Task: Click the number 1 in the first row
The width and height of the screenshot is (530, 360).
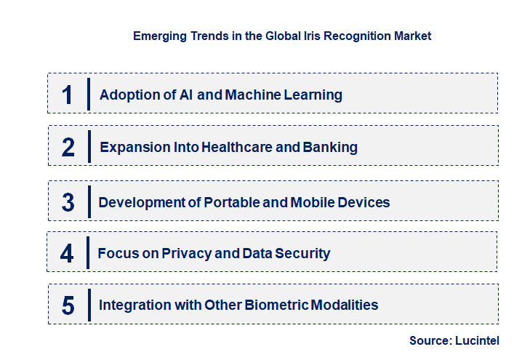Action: pos(68,95)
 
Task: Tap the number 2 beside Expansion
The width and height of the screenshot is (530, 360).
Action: pos(68,147)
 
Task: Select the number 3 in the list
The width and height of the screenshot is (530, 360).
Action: pos(68,202)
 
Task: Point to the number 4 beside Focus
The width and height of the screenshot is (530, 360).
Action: pos(67,253)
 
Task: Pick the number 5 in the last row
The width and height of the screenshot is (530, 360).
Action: pos(68,305)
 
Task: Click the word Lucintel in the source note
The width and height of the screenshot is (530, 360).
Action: pos(477,340)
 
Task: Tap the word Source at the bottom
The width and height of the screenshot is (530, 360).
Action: pos(429,340)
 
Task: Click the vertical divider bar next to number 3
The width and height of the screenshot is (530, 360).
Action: pos(88,201)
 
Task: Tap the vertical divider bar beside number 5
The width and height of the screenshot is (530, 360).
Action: pos(88,304)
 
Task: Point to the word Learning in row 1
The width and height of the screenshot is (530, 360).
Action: pos(313,95)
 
